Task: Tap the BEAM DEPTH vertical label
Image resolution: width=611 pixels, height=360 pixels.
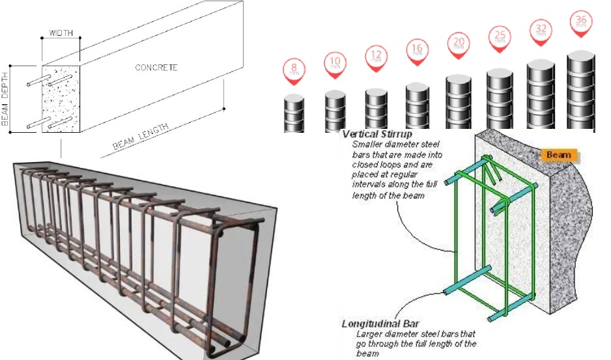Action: (6, 98)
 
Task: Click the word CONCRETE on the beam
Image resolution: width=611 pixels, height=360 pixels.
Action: (156, 67)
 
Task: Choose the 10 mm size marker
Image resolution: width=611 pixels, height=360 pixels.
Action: (335, 64)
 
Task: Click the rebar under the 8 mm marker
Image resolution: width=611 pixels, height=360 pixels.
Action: (294, 114)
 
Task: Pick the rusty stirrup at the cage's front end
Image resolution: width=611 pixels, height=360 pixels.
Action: (234, 286)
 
